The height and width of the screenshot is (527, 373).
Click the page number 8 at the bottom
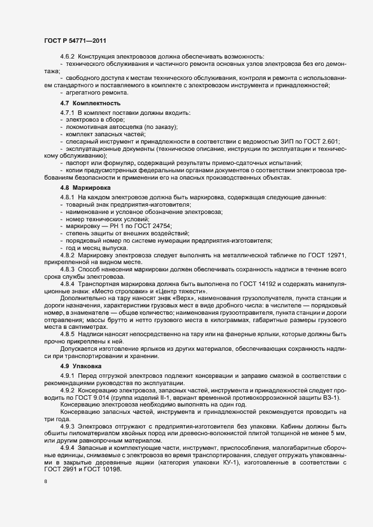[45, 483]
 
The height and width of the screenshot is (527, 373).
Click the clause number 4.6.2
[68, 56]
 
